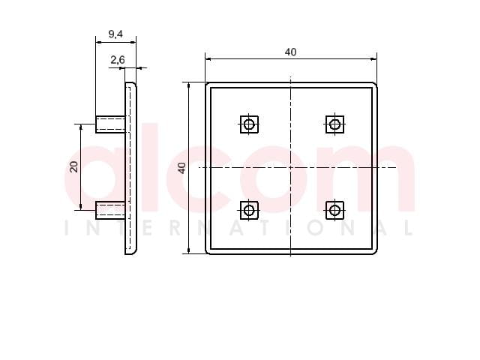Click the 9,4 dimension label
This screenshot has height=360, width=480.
[115, 34]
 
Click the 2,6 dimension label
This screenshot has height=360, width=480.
[118, 60]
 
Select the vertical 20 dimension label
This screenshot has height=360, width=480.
[74, 166]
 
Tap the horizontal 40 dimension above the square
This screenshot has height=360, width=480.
[290, 52]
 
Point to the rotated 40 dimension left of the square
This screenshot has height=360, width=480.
[181, 168]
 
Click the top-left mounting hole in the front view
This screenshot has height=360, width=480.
[249, 124]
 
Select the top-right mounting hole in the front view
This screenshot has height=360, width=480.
[334, 124]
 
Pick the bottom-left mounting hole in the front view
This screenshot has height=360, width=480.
[249, 210]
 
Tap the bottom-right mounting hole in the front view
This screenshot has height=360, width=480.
[334, 210]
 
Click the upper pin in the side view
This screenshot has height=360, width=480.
[110, 124]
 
